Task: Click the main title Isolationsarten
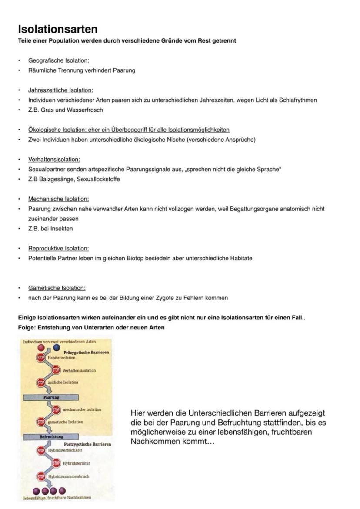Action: tap(57, 29)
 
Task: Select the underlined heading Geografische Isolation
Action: tap(59, 60)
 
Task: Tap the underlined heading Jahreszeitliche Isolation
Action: tap(60, 90)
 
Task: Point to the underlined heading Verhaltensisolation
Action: tap(54, 160)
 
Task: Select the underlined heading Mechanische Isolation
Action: tap(58, 199)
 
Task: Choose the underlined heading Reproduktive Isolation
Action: tap(58, 249)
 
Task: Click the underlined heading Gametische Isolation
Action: tap(57, 288)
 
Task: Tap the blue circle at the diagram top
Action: tap(57, 349)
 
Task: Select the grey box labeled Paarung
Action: tap(51, 397)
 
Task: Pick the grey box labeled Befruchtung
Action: tap(51, 436)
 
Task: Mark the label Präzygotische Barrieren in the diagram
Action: tap(86, 353)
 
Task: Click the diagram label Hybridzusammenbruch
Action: tap(70, 476)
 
